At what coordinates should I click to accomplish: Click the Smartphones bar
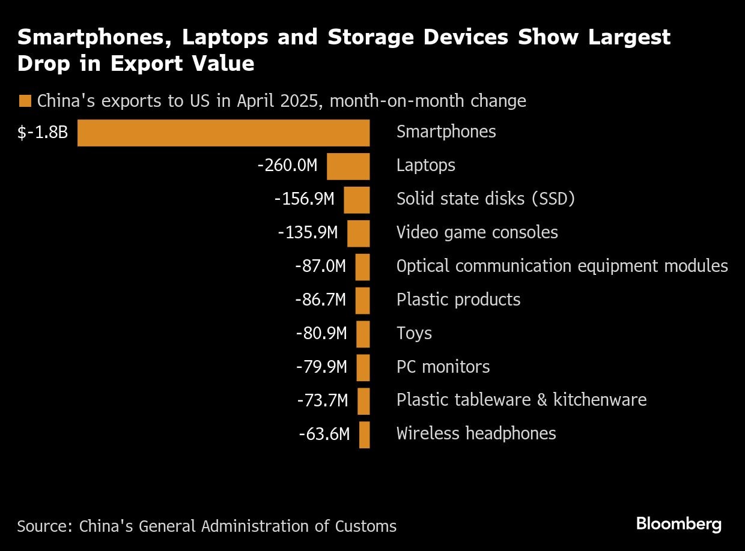(x=223, y=133)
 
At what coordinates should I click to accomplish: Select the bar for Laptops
(x=348, y=166)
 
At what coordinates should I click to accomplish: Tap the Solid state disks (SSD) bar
(x=356, y=200)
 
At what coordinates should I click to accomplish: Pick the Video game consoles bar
(x=358, y=233)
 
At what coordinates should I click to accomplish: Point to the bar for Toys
(x=363, y=334)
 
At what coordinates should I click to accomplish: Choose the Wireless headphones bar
(x=364, y=435)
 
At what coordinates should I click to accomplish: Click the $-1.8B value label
(x=43, y=133)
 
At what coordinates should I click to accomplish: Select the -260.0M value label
(x=287, y=165)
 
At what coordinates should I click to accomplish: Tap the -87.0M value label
(x=320, y=266)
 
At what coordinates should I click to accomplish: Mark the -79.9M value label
(x=321, y=367)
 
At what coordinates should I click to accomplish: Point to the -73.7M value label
(x=322, y=400)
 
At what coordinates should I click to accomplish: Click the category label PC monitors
(x=443, y=367)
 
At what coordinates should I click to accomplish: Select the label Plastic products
(x=458, y=300)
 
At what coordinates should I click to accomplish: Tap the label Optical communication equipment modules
(x=562, y=266)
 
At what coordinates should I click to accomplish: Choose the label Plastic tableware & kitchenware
(x=521, y=400)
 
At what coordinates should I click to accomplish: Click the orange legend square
(x=25, y=101)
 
